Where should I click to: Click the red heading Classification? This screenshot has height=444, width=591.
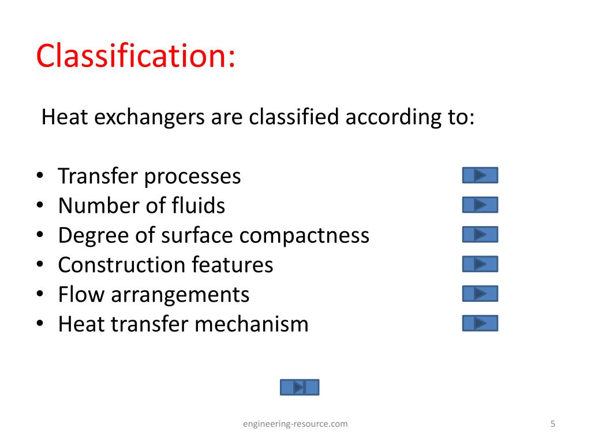[x=136, y=57]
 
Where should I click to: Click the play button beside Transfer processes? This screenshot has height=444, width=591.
[x=480, y=175]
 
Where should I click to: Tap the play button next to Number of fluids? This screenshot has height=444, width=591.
[x=480, y=205]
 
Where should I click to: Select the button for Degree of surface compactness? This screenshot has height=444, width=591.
[x=480, y=234]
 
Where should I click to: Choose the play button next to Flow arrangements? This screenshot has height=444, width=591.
[x=480, y=294]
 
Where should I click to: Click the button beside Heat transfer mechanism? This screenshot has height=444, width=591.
[x=480, y=323]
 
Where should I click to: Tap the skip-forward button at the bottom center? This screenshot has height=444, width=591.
[x=299, y=387]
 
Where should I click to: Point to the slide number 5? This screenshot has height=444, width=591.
[x=552, y=424]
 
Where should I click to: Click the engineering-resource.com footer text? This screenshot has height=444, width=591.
[x=295, y=424]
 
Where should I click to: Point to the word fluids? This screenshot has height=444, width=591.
[x=199, y=206]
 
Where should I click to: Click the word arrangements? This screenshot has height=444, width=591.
[x=179, y=295]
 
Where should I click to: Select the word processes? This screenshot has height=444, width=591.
[x=192, y=177]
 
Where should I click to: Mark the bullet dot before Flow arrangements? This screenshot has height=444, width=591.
[x=39, y=294]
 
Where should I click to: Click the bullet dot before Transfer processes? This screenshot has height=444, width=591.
[x=39, y=176]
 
